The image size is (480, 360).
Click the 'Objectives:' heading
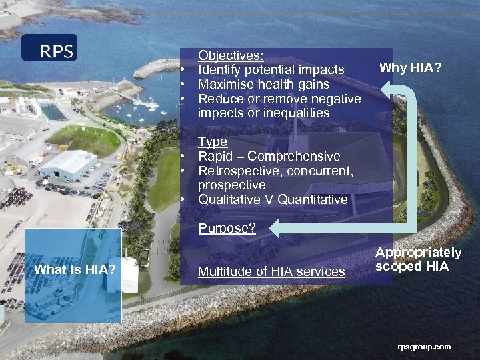tap(231, 55)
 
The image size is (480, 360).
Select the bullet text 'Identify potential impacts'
tap(271, 70)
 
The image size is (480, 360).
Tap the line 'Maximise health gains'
tap(263, 85)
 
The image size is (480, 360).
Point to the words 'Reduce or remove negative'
tap(279, 99)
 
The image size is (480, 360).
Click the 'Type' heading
tap(213, 142)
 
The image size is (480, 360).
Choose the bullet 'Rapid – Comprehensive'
tap(269, 157)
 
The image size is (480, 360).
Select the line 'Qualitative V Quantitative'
tap(273, 199)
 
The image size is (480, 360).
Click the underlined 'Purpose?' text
tap(227, 229)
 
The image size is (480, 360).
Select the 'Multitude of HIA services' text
tap(271, 271)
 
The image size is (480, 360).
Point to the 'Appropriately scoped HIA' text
tap(418, 259)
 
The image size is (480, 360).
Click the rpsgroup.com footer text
tap(424, 347)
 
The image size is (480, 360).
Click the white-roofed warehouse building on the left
tap(68, 164)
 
